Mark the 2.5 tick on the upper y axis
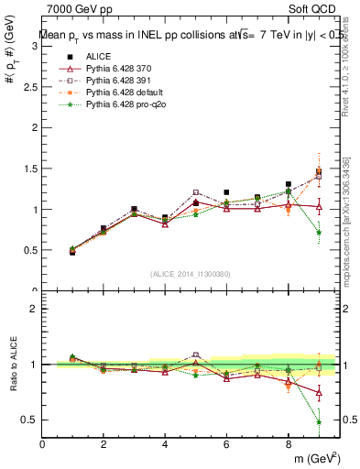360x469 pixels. tap(30, 86)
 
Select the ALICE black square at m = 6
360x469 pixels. tap(226, 192)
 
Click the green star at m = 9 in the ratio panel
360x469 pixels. tap(319, 422)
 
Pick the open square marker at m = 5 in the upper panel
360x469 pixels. tap(196, 192)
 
